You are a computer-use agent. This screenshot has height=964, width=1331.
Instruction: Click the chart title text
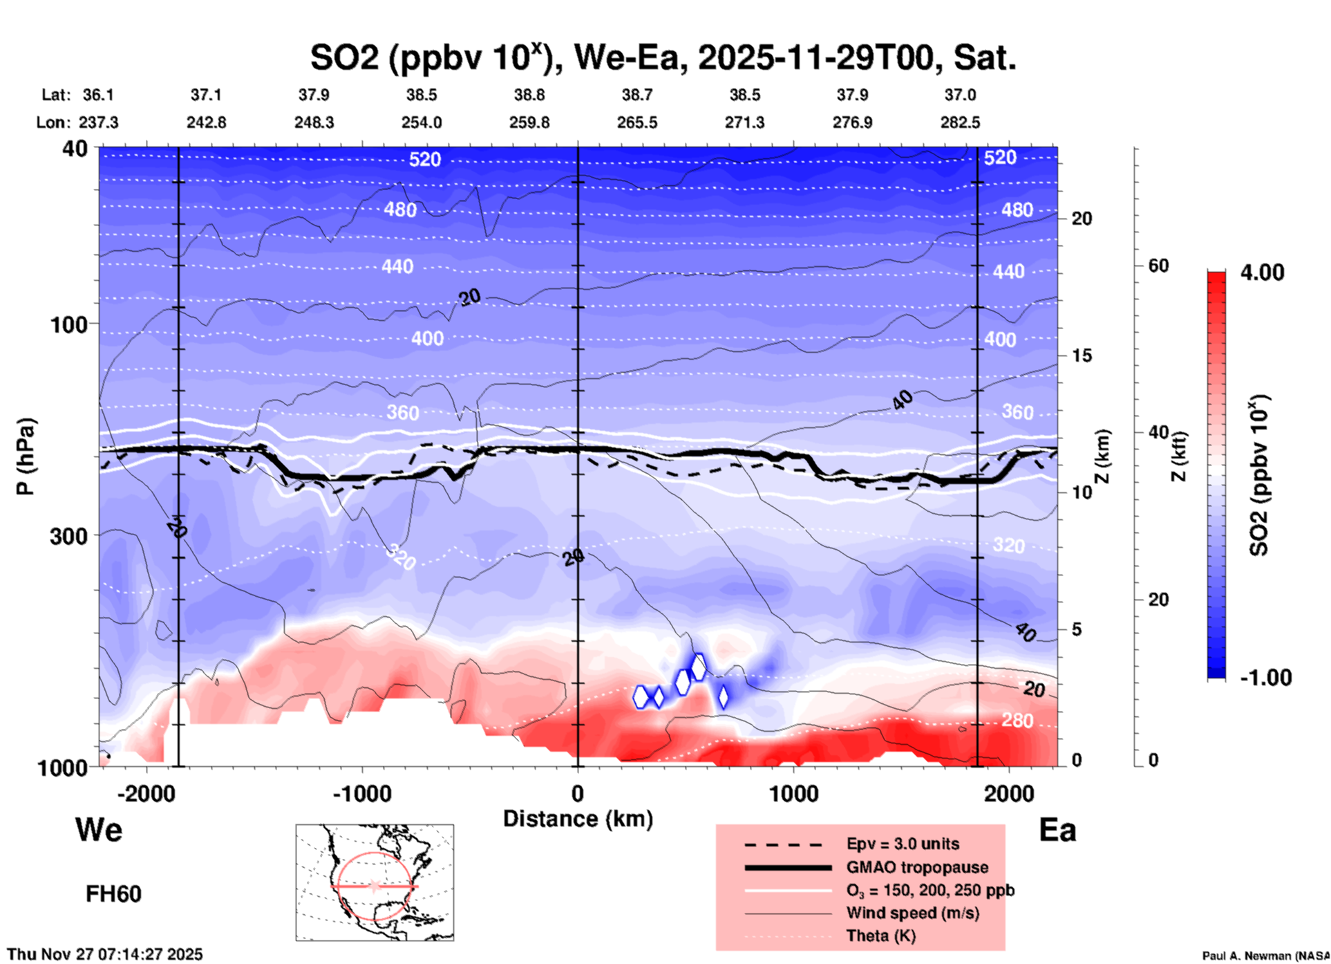coord(663,58)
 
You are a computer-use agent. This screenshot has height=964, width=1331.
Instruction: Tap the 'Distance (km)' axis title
coord(578,819)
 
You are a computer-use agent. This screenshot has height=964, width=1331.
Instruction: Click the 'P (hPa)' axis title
coord(26,456)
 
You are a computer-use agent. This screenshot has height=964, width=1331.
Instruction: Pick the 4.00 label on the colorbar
coord(1262,272)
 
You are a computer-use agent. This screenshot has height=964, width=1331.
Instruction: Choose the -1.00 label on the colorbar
coord(1265,678)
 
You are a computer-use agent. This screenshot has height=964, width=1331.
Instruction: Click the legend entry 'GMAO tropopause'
coord(917,867)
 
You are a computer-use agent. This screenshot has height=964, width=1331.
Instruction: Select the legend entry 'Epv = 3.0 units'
coord(903,844)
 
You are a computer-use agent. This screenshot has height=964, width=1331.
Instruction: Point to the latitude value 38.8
coord(529,95)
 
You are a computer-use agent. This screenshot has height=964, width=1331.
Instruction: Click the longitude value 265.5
coord(637,122)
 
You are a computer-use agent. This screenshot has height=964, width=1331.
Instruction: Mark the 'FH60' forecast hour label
coord(113,894)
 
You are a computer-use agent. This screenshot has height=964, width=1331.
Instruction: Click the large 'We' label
coord(99,830)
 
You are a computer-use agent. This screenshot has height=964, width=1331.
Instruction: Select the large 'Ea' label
coord(1057,831)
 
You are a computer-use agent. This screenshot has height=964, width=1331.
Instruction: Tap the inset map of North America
coord(375,882)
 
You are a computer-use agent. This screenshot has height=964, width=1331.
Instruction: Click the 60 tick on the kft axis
coord(1158,266)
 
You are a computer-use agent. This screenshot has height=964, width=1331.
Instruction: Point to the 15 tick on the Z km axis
coord(1082,355)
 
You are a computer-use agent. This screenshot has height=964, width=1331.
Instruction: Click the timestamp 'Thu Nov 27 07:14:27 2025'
coord(105,954)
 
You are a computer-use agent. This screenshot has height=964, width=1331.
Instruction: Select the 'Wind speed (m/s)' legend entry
coord(912,914)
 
